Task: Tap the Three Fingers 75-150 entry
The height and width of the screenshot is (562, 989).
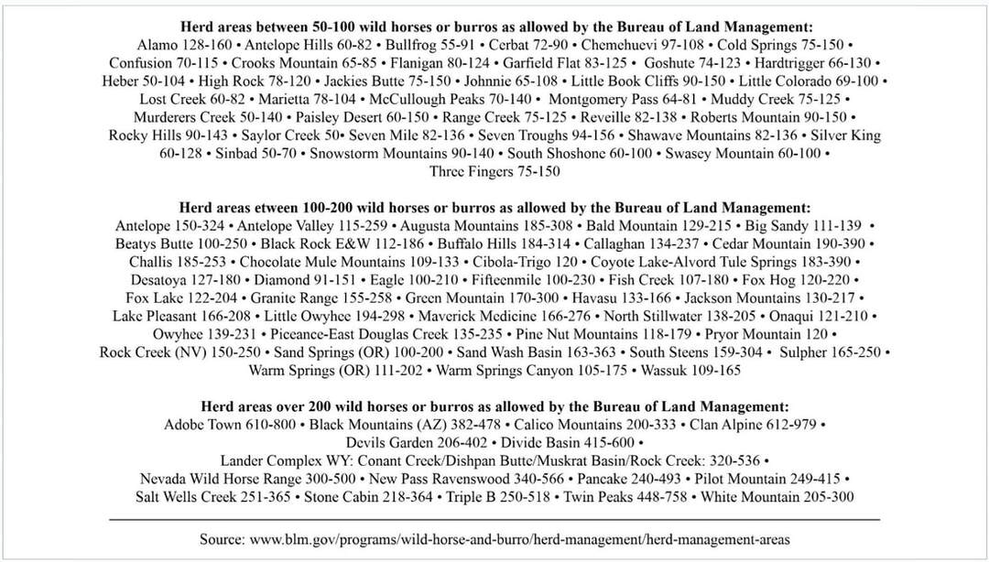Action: click(x=494, y=171)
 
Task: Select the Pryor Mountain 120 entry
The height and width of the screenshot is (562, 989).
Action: click(x=761, y=334)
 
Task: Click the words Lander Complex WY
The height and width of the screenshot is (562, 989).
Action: click(x=278, y=460)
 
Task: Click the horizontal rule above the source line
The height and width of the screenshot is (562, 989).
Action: click(x=494, y=519)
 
